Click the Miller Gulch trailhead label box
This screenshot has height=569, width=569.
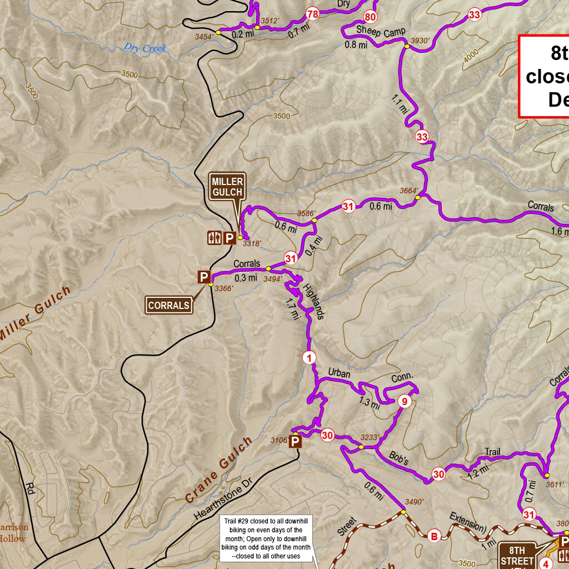click(227, 187)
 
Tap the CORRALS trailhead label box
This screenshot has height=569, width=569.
click(169, 305)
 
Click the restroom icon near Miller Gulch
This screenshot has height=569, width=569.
click(213, 238)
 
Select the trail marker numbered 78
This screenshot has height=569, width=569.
click(312, 14)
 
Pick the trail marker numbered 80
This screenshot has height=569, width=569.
click(370, 16)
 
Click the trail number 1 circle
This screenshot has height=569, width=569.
click(309, 357)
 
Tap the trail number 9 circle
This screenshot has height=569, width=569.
click(405, 402)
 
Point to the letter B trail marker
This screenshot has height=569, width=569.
click(435, 536)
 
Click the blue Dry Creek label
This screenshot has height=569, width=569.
click(145, 48)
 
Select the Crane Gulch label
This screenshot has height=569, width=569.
click(218, 470)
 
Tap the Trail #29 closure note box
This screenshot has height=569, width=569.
click(266, 538)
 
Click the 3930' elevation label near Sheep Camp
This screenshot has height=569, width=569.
click(421, 41)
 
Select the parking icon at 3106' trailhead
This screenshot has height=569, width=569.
click(296, 442)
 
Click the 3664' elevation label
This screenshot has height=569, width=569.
click(409, 191)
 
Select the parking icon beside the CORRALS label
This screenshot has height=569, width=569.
click(204, 277)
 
